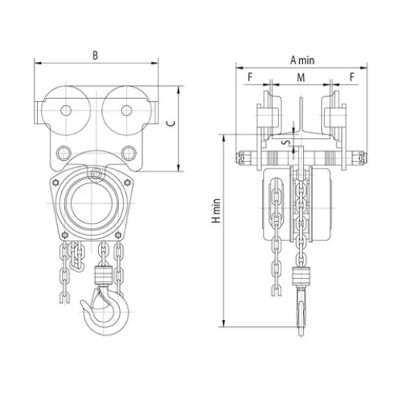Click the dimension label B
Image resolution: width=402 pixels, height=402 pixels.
click(95, 55)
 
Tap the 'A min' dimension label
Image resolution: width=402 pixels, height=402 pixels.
click(302, 60)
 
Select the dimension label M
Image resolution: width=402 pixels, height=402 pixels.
click(301, 77)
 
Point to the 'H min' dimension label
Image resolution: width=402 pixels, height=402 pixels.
click(216, 210)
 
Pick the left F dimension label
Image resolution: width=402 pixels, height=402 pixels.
click(250, 77)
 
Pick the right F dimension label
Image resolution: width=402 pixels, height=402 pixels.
click(352, 77)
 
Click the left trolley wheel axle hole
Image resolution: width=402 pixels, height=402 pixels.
click(66, 111)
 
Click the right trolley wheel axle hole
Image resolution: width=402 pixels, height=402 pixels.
click(127, 111)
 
